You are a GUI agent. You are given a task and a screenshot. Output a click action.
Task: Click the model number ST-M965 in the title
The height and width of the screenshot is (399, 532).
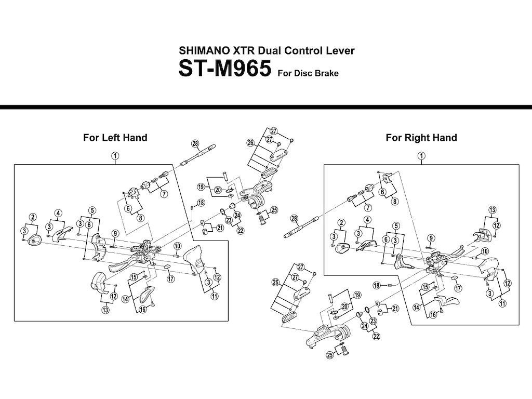point(225,70)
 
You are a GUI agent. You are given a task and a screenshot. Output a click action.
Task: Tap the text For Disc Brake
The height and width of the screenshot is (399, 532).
point(308,73)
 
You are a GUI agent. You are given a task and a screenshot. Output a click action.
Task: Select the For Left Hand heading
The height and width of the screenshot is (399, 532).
point(115,138)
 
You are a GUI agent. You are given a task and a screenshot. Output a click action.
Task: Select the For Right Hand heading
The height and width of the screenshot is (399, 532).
point(421,138)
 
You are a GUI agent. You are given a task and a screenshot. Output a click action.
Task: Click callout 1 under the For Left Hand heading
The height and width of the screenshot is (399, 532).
point(115,155)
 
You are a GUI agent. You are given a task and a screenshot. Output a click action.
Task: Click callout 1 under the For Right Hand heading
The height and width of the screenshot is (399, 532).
point(421,155)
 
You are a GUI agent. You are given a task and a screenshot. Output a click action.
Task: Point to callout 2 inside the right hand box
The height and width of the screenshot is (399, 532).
point(341,223)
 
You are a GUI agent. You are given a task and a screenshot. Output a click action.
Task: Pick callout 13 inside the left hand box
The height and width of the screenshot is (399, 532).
point(105,310)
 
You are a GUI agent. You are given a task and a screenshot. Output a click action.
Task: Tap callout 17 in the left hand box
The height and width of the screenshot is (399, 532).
point(170,279)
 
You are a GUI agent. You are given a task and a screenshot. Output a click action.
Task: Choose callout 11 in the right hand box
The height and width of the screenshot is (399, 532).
point(502,303)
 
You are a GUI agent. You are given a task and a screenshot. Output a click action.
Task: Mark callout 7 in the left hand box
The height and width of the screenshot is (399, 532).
point(163,194)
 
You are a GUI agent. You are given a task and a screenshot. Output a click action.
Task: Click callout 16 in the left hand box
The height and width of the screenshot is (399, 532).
point(142,310)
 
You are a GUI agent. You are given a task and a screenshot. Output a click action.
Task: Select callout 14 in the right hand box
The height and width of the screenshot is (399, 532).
point(416,307)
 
